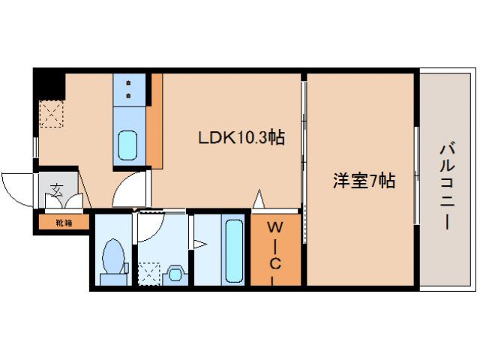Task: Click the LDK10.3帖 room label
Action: [241, 138]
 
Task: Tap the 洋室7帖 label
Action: [364, 180]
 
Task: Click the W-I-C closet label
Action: [276, 252]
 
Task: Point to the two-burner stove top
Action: [129, 89]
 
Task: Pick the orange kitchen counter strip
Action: [154, 120]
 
